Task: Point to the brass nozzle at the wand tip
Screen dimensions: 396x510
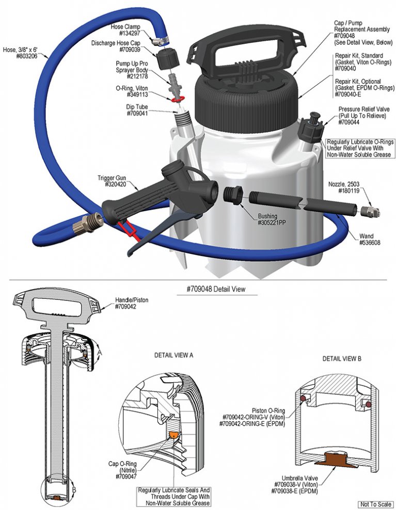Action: pyautogui.click(x=371, y=212)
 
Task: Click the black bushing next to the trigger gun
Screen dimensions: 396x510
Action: pyautogui.click(x=232, y=195)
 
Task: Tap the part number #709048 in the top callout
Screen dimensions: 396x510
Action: pyautogui.click(x=344, y=36)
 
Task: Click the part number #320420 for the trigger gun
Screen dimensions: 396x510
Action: pyautogui.click(x=116, y=184)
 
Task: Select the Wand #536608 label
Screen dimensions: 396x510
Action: pyautogui.click(x=370, y=239)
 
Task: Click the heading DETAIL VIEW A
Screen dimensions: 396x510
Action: pyautogui.click(x=174, y=355)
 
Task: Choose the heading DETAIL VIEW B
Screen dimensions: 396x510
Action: pyautogui.click(x=342, y=358)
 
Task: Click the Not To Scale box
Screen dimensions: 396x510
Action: pyautogui.click(x=376, y=504)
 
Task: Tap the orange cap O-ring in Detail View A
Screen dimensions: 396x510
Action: pyautogui.click(x=175, y=435)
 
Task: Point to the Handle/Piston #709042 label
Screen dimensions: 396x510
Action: pyautogui.click(x=132, y=303)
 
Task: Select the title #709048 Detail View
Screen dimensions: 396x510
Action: pyautogui.click(x=216, y=289)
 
